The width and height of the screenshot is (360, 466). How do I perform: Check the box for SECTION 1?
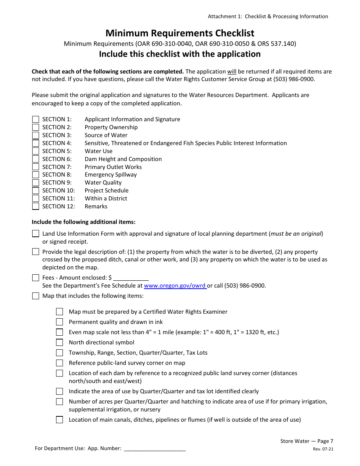(x=36, y=119)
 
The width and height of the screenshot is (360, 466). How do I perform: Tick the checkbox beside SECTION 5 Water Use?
(x=36, y=151)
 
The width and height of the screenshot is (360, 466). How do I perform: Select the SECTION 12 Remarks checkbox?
(x=36, y=206)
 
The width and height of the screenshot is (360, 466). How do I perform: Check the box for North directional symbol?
(x=59, y=342)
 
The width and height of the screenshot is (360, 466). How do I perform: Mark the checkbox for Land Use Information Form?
(x=36, y=234)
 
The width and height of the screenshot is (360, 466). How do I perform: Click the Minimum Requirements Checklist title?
(x=180, y=33)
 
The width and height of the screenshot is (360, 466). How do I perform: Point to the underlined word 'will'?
(x=232, y=72)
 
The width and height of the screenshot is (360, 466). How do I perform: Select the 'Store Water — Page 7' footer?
(x=307, y=441)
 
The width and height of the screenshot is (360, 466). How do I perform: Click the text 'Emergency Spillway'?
(x=111, y=175)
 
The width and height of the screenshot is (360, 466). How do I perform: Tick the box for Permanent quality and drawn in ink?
(x=59, y=322)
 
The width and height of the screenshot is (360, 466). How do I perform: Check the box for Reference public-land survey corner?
(x=59, y=363)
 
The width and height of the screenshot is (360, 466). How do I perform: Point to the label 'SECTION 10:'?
(x=58, y=191)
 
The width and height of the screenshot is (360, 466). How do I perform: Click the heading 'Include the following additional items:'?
(x=83, y=222)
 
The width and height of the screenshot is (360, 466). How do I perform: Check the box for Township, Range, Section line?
(x=59, y=353)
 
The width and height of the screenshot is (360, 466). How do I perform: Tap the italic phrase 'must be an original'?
(x=296, y=234)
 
